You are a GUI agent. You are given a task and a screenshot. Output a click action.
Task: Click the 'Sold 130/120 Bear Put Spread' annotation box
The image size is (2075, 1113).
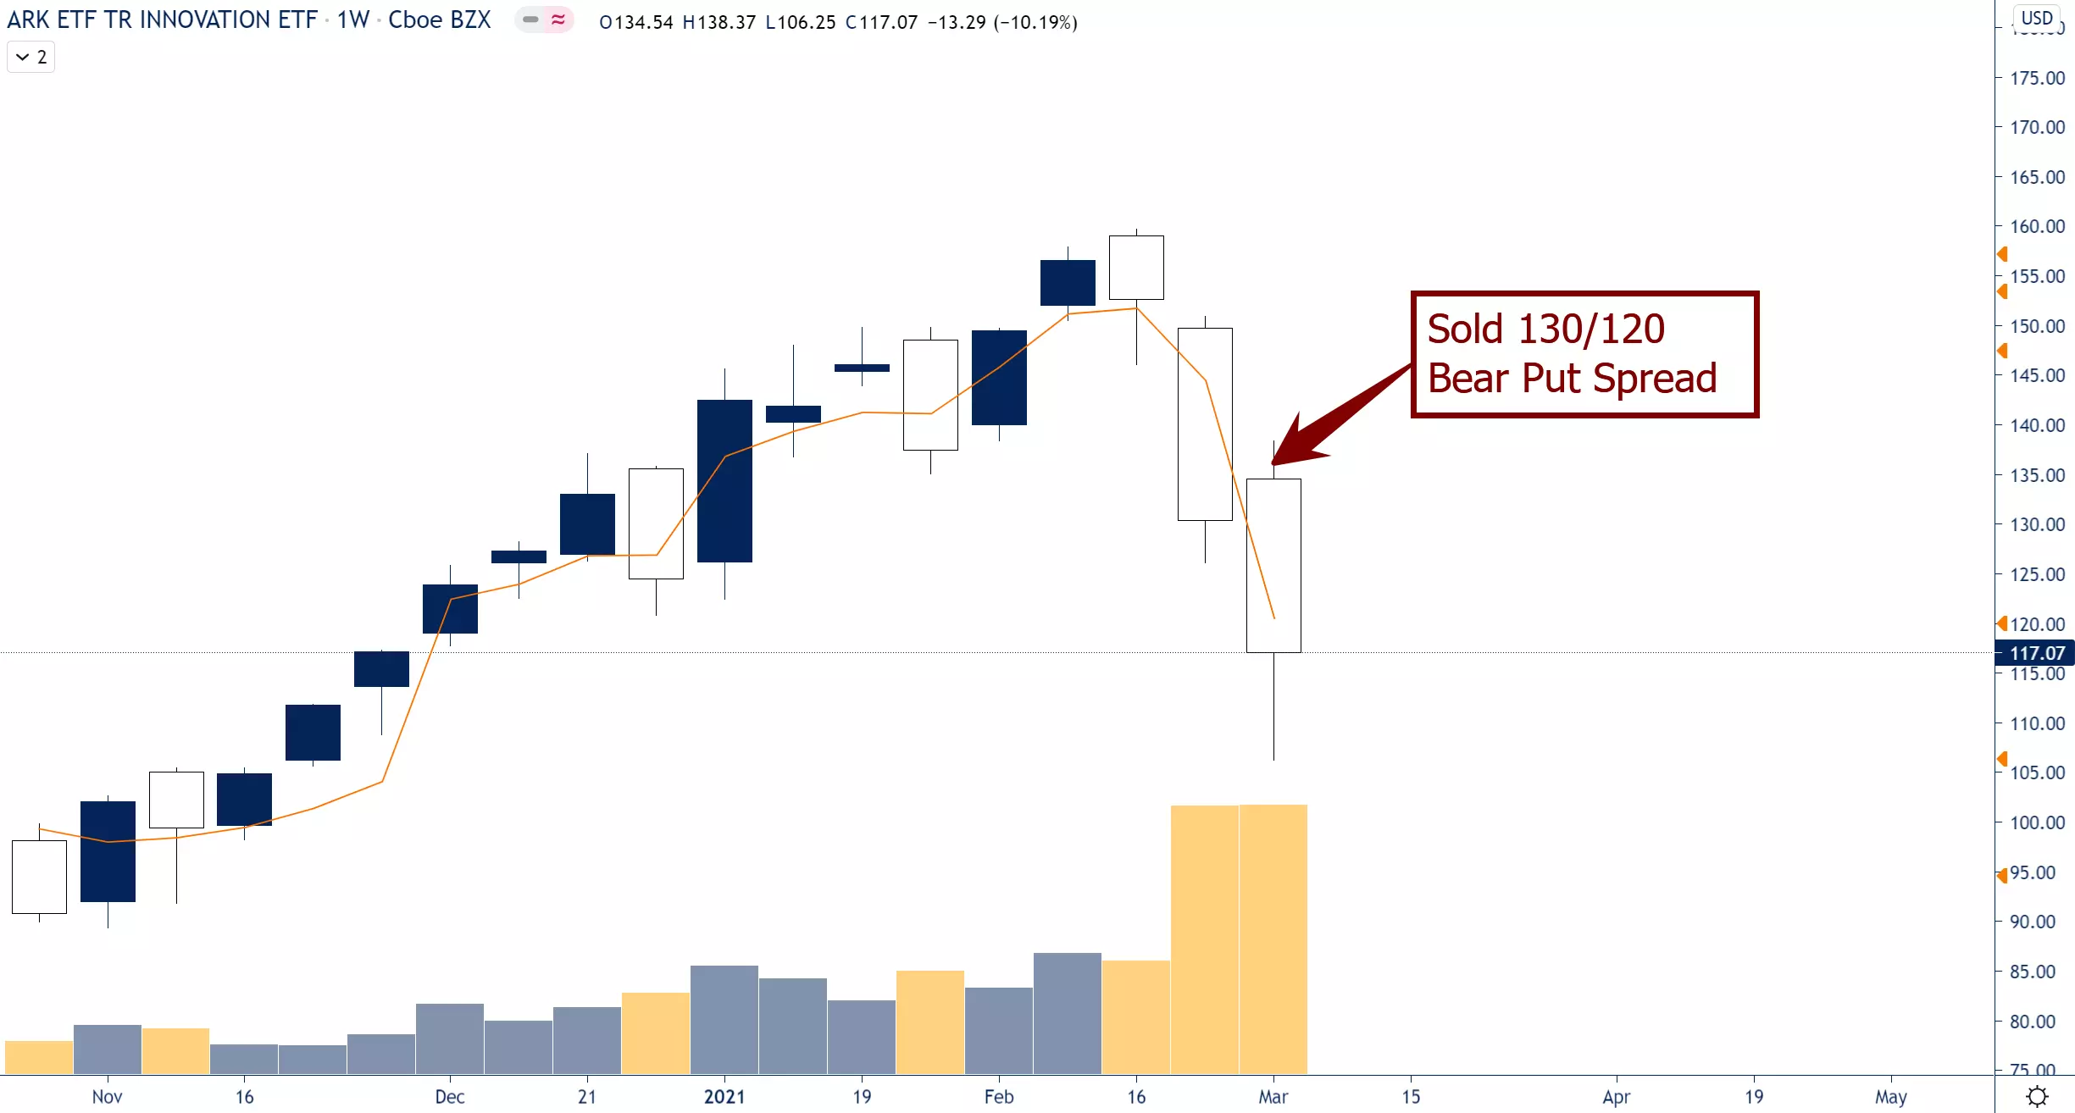tap(1584, 354)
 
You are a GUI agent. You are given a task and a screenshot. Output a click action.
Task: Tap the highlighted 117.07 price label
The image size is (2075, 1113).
tap(2036, 653)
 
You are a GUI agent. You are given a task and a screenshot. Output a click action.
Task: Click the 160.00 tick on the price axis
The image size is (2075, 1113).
tap(2037, 227)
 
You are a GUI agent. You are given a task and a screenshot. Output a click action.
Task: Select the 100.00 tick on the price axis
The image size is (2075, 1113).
tap(2037, 822)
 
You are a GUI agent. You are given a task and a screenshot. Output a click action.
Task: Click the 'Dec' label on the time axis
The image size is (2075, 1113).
tap(449, 1097)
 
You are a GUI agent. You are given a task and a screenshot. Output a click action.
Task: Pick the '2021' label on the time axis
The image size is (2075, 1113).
tap(724, 1097)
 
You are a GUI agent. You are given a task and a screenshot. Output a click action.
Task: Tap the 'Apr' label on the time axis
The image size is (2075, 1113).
tap(1616, 1097)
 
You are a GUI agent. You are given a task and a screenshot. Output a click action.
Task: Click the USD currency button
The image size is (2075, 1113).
tap(2036, 18)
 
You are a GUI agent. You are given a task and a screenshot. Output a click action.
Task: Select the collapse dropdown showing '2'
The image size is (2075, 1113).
tap(31, 58)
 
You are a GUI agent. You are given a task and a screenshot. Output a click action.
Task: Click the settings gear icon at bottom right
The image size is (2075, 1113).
tap(2037, 1097)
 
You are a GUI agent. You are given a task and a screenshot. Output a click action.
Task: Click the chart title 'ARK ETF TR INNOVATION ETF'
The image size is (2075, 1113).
tap(162, 20)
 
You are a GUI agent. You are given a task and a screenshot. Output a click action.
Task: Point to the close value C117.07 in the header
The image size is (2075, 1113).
tap(881, 22)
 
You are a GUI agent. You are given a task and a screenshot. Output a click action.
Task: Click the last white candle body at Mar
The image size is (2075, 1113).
tap(1273, 566)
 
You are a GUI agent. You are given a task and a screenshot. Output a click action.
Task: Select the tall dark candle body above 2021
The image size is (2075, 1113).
tap(724, 481)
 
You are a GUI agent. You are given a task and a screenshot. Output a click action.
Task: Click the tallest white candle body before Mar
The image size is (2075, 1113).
tap(1205, 424)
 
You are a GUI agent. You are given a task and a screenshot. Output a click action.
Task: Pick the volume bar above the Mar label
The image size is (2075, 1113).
tap(1273, 939)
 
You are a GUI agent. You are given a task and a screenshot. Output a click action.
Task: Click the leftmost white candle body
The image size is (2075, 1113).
tap(39, 877)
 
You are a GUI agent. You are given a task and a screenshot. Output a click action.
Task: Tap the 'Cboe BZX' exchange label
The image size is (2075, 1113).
tap(439, 20)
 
